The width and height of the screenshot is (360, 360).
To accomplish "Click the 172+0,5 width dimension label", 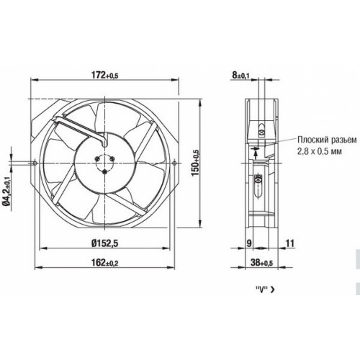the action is click(104, 75).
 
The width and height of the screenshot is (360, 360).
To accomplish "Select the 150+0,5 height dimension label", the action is click(196, 163).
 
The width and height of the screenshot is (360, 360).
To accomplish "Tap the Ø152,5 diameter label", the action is click(105, 243).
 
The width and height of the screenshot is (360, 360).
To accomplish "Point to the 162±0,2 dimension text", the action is click(104, 262).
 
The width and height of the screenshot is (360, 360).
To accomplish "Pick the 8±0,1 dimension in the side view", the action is click(240, 75).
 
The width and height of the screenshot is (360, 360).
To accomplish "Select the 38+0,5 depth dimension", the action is click(261, 262).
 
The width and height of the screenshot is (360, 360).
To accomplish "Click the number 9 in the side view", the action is click(249, 243).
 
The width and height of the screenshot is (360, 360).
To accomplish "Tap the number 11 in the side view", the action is click(290, 243).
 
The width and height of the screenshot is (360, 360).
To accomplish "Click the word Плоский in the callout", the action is click(312, 140).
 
